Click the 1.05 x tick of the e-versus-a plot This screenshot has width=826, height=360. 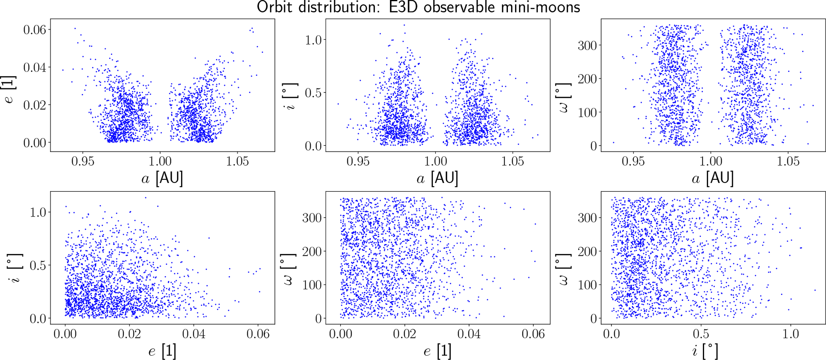point(237,161)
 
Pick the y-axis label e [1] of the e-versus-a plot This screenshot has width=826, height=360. point(10,89)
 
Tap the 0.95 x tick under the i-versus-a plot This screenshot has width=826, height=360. point(358,161)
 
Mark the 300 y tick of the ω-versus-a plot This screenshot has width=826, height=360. point(587,46)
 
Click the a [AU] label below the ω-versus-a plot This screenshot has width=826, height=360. point(713,179)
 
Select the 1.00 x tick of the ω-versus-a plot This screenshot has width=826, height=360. point(711,161)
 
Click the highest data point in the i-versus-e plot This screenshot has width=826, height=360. point(145,197)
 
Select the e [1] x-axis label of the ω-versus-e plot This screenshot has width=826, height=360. point(438,351)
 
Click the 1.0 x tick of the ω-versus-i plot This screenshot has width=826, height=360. point(790,334)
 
